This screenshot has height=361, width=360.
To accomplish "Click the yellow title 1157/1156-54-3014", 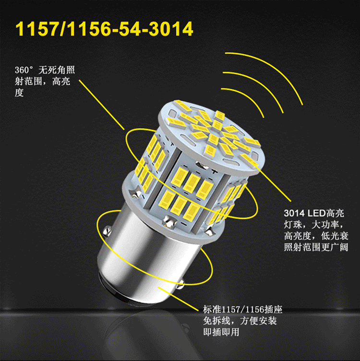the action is pyautogui.click(x=104, y=29).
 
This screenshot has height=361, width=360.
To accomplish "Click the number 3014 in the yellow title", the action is pyautogui.click(x=171, y=29).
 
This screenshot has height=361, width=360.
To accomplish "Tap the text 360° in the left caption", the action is pyautogui.click(x=24, y=70).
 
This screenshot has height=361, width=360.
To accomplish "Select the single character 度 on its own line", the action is pyautogui.click(x=19, y=93).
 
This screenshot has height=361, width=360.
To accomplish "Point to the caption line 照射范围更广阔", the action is pyautogui.click(x=316, y=247).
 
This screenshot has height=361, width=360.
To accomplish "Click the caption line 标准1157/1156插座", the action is pyautogui.click(x=242, y=310).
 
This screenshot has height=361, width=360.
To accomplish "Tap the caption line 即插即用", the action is pyautogui.click(x=221, y=332).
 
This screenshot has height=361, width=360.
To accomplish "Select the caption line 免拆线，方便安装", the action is pyautogui.click(x=240, y=321).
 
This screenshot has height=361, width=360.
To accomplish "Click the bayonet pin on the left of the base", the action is pyautogui.click(x=107, y=231).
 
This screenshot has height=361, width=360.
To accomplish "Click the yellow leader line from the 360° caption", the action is pyautogui.click(x=101, y=105).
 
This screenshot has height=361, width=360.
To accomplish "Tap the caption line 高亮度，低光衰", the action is pyautogui.click(x=316, y=236).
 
